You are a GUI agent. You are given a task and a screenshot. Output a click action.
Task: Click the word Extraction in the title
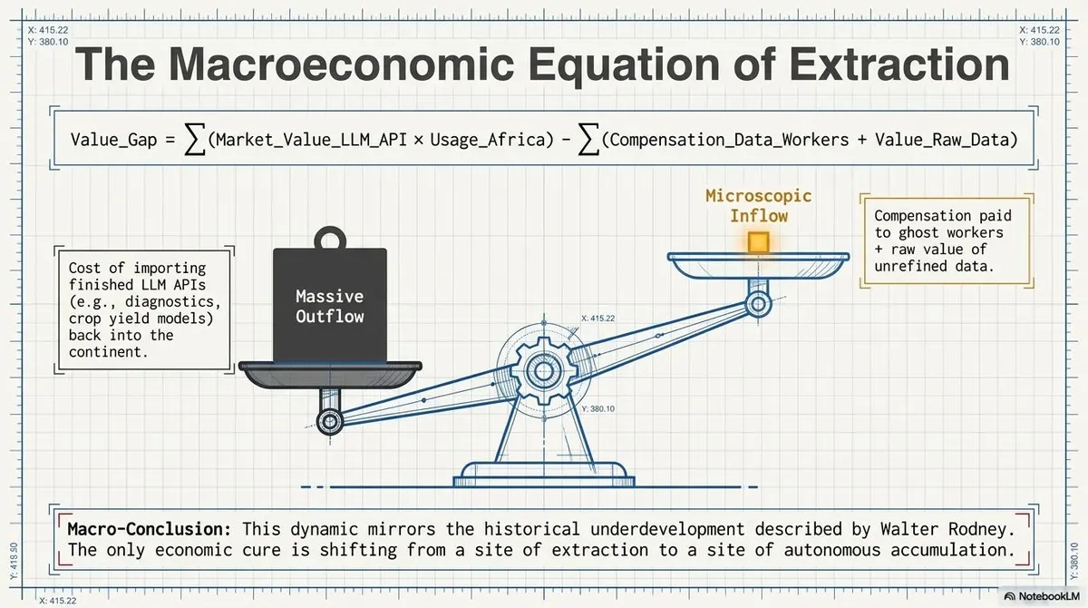pos(899,64)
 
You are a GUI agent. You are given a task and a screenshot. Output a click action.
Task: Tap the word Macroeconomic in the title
pos(341,64)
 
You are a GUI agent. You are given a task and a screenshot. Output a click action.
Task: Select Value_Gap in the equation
pos(113,140)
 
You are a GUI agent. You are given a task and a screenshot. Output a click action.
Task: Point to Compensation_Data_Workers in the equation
pos(729,140)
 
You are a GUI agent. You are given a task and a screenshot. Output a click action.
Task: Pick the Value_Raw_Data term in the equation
pos(941,140)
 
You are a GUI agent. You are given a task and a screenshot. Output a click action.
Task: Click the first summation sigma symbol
pos(194,140)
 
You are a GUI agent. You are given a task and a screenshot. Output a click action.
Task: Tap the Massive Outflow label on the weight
pos(330,306)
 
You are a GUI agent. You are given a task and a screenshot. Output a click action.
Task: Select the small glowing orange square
pos(758,242)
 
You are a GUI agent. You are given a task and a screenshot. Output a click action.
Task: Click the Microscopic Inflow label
pos(759,206)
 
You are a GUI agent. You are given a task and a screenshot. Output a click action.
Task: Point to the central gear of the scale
pos(543,371)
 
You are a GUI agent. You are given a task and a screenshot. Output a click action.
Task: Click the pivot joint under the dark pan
pos(330,421)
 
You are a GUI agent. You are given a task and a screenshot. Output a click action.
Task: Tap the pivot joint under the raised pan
pos(758,305)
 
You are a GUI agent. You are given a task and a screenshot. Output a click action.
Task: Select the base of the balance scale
pos(544,474)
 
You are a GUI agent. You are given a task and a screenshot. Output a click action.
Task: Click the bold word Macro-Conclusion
pos(149,529)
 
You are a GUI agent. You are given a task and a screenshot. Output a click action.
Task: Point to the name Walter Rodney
pos(947,529)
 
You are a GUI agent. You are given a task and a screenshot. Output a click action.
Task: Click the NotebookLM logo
pos(1042,596)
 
